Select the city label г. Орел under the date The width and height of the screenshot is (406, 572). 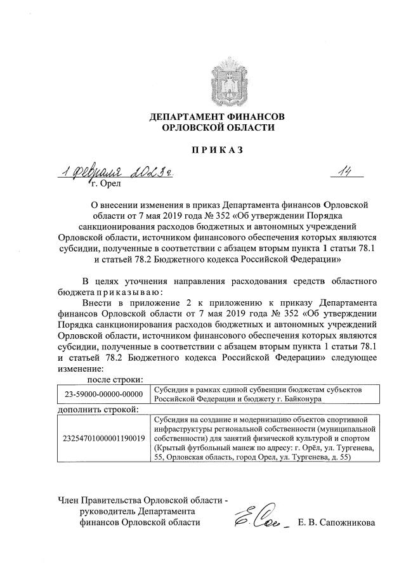click(x=105, y=185)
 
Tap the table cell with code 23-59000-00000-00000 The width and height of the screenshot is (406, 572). click(x=101, y=394)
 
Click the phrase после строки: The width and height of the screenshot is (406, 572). click(x=109, y=379)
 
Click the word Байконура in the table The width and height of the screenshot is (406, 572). click(x=303, y=399)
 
